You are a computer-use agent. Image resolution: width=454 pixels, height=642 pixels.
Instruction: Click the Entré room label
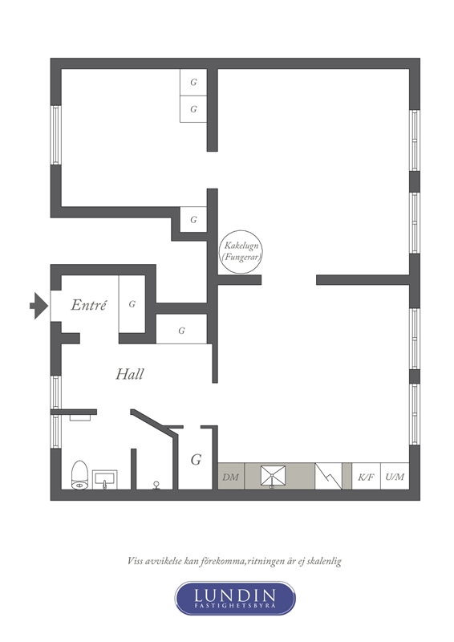click(88, 305)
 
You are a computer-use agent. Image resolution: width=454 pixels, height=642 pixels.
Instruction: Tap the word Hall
click(129, 374)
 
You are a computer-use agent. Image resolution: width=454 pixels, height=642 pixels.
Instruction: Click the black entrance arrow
click(39, 306)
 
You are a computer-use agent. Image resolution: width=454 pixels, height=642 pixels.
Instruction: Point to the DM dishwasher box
click(231, 476)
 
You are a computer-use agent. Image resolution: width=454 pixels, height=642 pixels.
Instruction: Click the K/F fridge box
click(366, 476)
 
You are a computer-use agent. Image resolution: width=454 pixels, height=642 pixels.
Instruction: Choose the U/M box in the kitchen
click(395, 476)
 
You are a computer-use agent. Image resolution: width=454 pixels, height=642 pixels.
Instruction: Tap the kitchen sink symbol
click(272, 477)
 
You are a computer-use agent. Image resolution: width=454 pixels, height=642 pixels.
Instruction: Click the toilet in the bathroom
click(80, 475)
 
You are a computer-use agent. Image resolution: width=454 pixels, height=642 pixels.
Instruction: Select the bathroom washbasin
click(105, 479)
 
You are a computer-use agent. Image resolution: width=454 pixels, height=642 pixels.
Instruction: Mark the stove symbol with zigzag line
click(328, 476)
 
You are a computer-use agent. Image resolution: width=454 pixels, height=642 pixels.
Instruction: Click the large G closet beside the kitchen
click(196, 458)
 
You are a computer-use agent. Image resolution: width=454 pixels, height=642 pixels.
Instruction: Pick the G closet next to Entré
click(132, 304)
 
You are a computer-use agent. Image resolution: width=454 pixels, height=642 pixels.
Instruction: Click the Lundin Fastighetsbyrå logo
click(235, 598)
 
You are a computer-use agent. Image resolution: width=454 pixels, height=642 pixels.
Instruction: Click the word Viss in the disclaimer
click(135, 560)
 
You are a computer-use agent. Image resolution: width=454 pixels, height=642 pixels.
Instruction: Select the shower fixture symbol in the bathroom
click(156, 486)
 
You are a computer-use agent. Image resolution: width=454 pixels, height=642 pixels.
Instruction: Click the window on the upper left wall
click(56, 135)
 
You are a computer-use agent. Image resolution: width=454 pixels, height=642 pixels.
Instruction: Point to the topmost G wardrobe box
click(193, 83)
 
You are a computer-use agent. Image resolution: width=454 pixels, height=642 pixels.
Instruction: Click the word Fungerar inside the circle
click(241, 258)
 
